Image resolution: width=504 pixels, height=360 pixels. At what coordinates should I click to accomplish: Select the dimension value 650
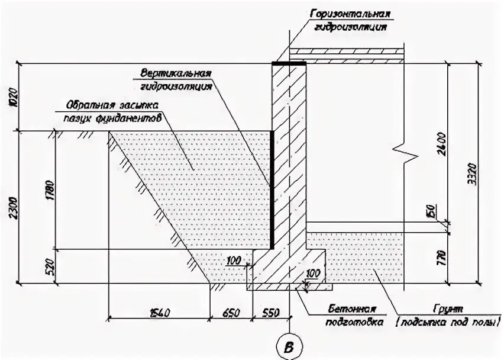[x=230, y=312]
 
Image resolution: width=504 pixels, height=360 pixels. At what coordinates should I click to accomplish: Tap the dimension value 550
[x=270, y=312]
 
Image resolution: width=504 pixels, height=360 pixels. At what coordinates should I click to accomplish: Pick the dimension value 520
[x=50, y=267]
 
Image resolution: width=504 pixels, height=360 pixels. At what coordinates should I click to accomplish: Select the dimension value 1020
[x=15, y=97]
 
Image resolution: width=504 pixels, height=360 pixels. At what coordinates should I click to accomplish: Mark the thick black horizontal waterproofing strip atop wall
[x=289, y=62]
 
